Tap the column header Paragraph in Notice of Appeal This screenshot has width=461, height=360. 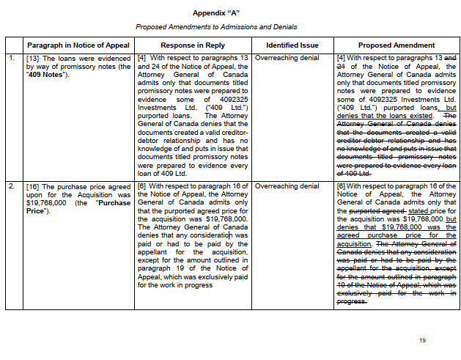tap(78, 45)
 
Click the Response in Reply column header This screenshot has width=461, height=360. tap(193, 45)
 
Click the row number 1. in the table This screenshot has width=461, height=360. tap(11, 57)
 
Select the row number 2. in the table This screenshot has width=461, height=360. tap(11, 186)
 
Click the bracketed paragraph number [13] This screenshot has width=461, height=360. tap(33, 57)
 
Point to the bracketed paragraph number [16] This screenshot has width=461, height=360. tap(33, 186)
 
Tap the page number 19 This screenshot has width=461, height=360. tap(422, 340)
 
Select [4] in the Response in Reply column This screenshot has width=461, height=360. tap(141, 57)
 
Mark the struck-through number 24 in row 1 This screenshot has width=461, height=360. tap(340, 66)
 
